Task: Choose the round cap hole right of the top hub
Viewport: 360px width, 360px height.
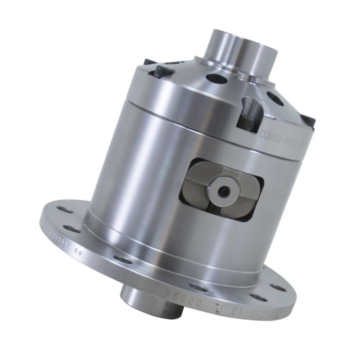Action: pyautogui.click(x=274, y=98)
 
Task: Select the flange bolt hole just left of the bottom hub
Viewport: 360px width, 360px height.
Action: pyautogui.click(x=122, y=259)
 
